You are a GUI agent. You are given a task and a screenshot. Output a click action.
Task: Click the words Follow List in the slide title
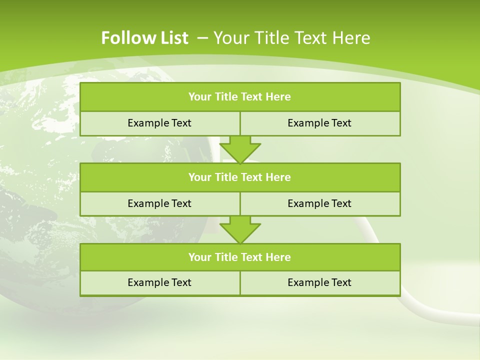point(144,38)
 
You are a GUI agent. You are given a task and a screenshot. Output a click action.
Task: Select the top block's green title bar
point(240,97)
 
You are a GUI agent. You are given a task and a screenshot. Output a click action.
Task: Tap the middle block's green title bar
point(240,177)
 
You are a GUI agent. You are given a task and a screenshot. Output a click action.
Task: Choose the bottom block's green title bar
point(240,257)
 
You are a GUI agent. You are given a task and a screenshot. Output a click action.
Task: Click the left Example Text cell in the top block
point(159,123)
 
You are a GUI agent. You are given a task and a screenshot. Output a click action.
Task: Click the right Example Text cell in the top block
point(319,123)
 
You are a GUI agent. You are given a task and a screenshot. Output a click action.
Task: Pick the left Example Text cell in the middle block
point(159,203)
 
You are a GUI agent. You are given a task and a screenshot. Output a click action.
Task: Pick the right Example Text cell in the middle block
point(319,203)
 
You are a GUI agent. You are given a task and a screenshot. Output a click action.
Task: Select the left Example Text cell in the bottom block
point(159,282)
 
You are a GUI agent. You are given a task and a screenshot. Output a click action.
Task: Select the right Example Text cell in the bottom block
point(319,282)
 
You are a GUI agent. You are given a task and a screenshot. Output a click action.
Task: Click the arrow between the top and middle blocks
point(240,149)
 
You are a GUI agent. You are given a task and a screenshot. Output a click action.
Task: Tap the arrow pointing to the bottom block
point(240,229)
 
